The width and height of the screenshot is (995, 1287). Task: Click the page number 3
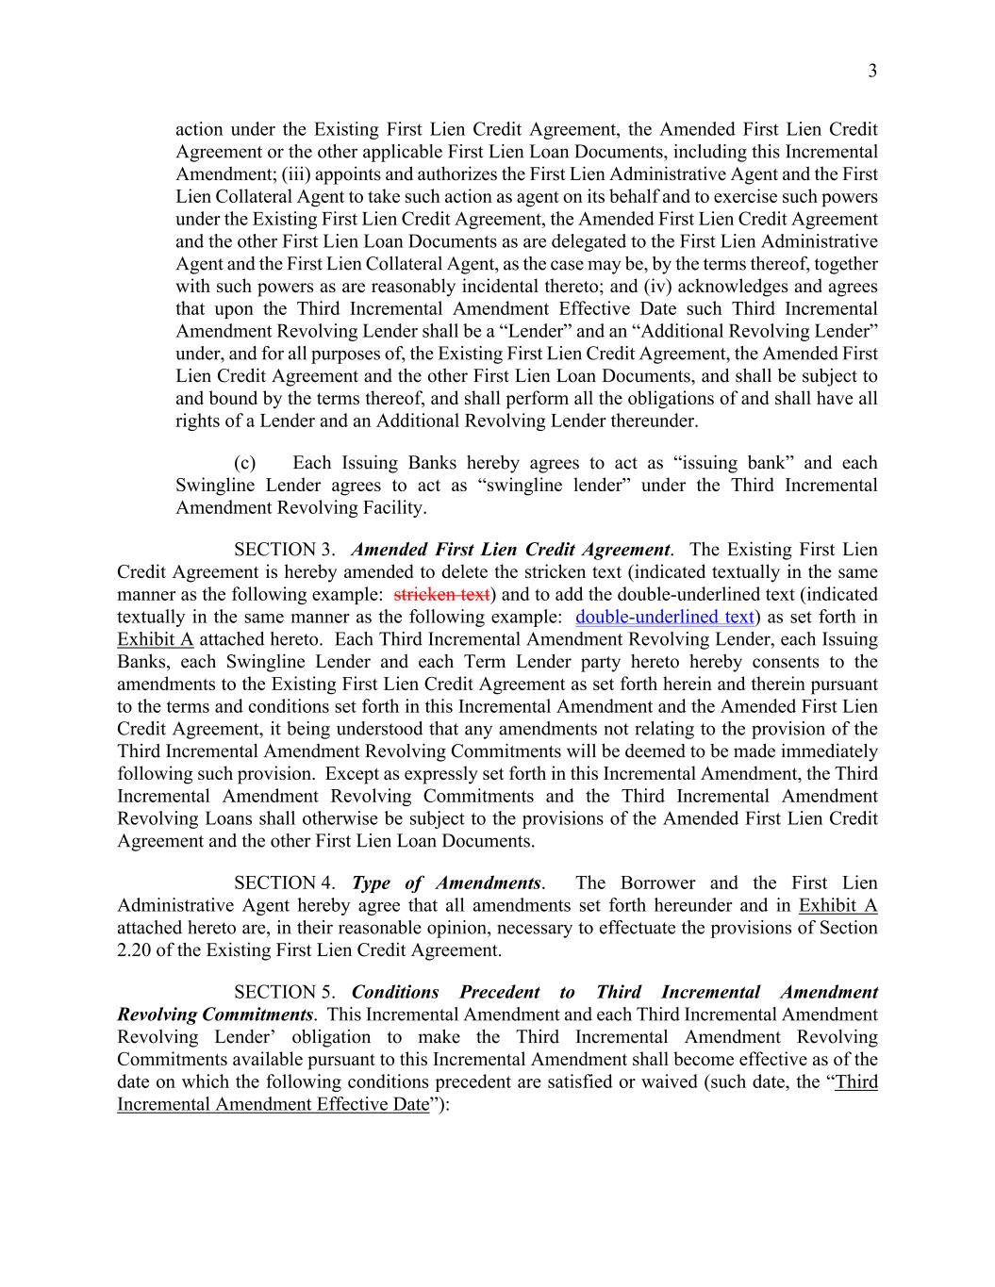(x=872, y=71)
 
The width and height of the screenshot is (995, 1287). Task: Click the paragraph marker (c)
(x=244, y=463)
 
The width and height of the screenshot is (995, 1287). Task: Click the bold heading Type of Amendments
(x=446, y=883)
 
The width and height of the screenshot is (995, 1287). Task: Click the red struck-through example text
(x=441, y=595)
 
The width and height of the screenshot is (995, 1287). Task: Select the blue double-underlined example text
(x=664, y=618)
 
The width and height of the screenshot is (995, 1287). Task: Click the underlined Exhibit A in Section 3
(x=156, y=639)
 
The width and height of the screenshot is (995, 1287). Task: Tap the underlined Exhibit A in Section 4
(x=837, y=906)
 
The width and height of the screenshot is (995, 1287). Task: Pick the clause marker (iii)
(x=295, y=174)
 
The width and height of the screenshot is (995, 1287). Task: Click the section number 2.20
(x=137, y=950)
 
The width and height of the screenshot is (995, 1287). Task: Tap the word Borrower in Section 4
(x=655, y=883)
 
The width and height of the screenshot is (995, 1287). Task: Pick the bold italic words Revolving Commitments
(x=214, y=1015)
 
